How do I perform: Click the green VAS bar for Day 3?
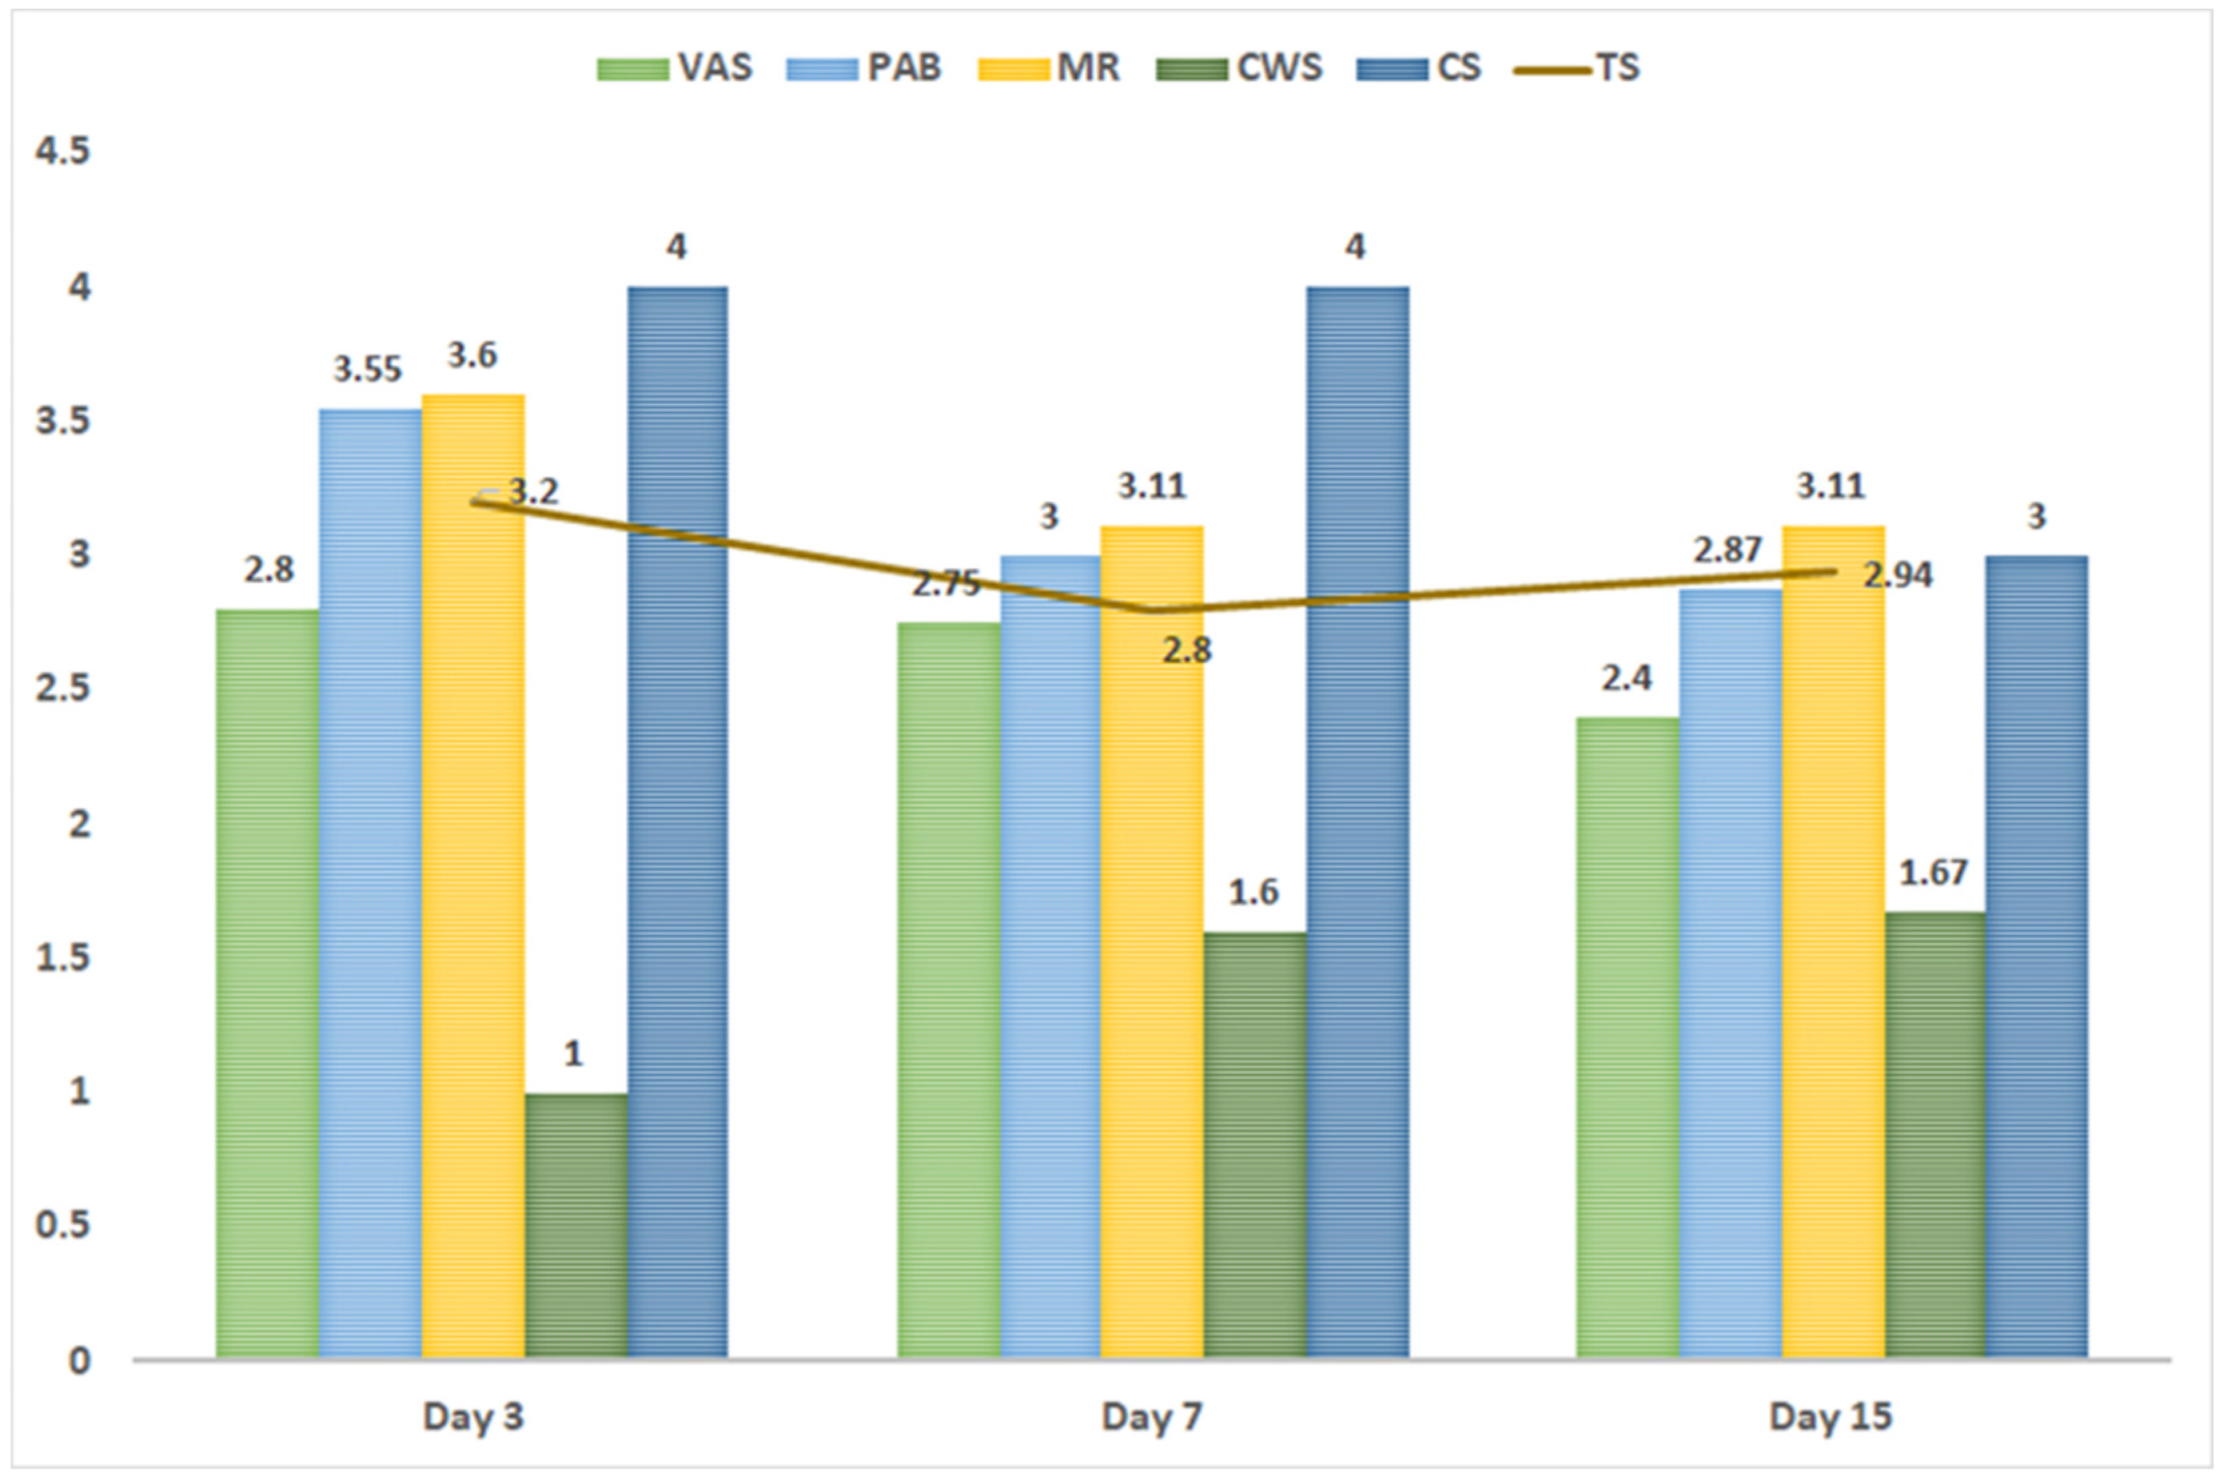267,984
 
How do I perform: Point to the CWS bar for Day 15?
1934,1135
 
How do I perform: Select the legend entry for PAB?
864,68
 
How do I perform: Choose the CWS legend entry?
1240,68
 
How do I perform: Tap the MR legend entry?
1049,68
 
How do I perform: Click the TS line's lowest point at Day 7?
1152,610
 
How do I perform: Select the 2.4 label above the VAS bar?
1626,677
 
